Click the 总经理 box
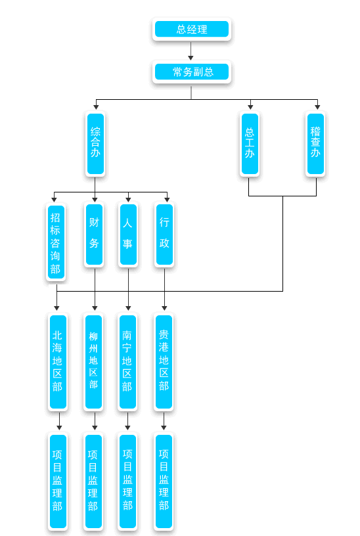click(191, 29)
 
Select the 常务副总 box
click(191, 72)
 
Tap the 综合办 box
click(95, 144)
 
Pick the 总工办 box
click(250, 144)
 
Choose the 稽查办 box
click(315, 144)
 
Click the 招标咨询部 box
click(56, 242)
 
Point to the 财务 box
click(95, 234)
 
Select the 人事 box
click(128, 234)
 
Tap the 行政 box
click(164, 234)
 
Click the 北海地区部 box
click(58, 362)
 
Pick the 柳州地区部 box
click(93, 362)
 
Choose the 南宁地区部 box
click(127, 362)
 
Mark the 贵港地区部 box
click(164, 362)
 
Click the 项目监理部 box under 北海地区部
click(58, 481)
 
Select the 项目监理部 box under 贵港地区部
click(164, 481)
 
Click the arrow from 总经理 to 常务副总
click(191, 51)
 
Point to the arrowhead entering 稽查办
click(317, 107)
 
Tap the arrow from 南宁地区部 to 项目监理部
click(127, 421)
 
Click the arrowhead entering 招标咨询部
click(54, 199)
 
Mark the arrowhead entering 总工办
click(250, 107)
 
